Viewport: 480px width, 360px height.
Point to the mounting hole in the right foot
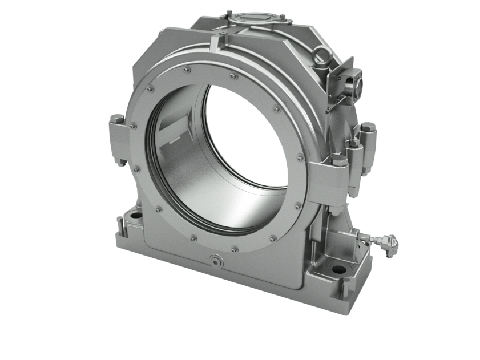[338, 269]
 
